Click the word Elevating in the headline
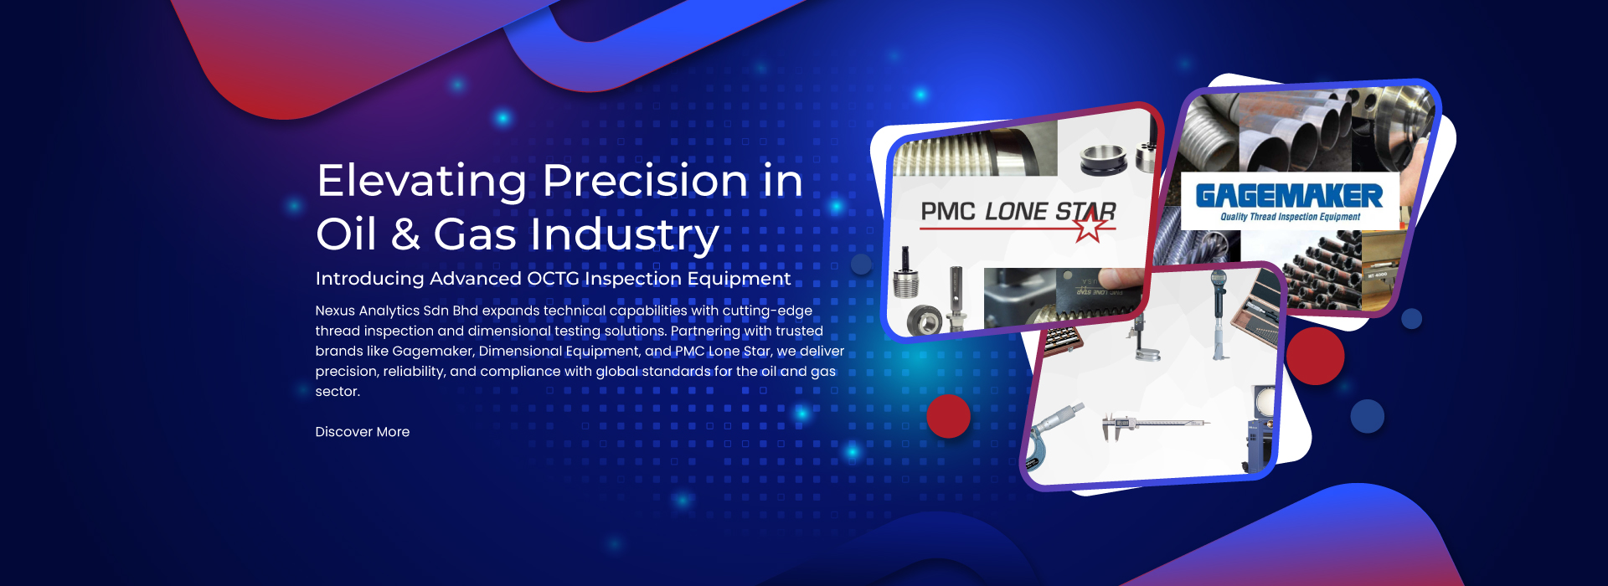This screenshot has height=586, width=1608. point(422,182)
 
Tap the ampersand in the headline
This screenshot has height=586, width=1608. point(405,234)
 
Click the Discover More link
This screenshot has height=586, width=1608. point(363,432)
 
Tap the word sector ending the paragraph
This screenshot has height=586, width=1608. point(338,392)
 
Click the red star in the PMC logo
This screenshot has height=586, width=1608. point(1089,224)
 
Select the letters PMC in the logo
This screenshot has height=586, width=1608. point(948,212)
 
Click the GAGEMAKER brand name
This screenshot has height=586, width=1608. point(1289,196)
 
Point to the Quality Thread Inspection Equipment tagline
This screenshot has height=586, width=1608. point(1290,217)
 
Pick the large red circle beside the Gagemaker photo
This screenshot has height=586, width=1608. point(1315,356)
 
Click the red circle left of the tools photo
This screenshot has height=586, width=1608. point(948,416)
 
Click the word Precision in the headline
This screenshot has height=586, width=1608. point(646,181)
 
